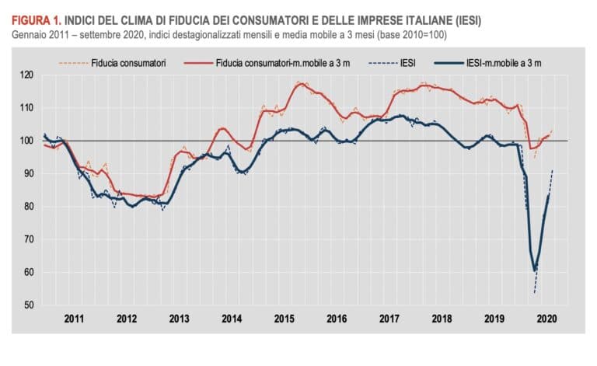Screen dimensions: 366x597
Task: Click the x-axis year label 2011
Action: pyautogui.click(x=74, y=319)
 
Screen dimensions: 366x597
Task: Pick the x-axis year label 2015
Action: pyautogui.click(x=284, y=319)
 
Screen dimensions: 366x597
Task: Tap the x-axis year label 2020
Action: pyautogui.click(x=546, y=319)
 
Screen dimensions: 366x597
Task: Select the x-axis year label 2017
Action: pyautogui.click(x=389, y=319)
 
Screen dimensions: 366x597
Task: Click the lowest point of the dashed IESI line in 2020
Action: pyautogui.click(x=535, y=293)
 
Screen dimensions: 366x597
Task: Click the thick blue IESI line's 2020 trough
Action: pyautogui.click(x=535, y=270)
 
